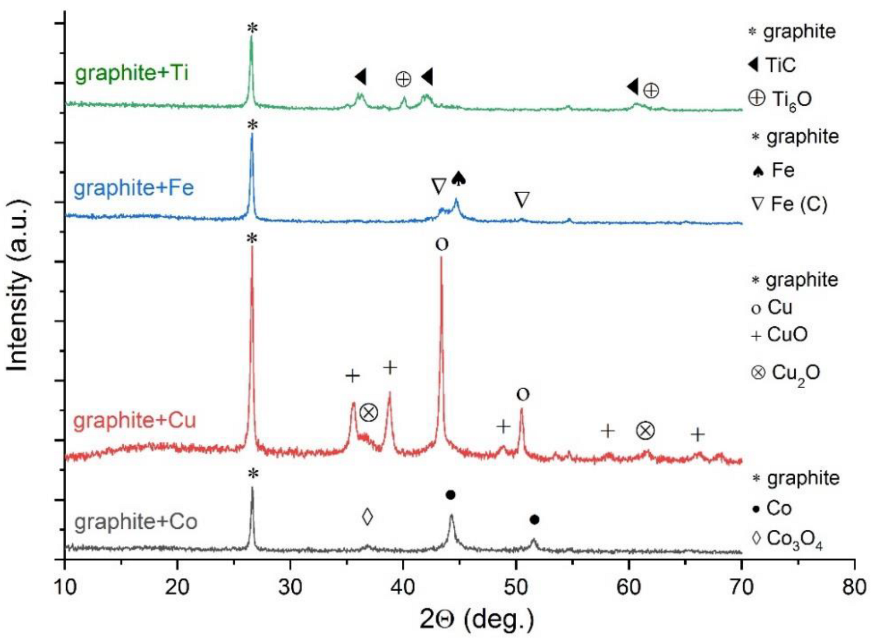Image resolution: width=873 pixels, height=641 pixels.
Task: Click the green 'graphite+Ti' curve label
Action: tap(131, 72)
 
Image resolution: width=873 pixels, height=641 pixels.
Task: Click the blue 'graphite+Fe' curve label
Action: tap(134, 188)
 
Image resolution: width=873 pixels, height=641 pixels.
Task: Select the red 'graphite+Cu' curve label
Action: tap(134, 420)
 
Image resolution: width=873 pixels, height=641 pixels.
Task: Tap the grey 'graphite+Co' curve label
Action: tap(135, 521)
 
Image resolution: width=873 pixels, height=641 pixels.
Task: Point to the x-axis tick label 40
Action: tap(403, 587)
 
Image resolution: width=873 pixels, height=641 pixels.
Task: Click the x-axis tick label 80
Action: tap(854, 587)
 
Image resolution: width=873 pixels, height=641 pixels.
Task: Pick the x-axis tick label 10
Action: tap(65, 587)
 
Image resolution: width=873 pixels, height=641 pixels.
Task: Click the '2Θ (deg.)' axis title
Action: tap(476, 619)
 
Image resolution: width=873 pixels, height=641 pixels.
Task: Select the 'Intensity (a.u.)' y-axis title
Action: tap(18, 285)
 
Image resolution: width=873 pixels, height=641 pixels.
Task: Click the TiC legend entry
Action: tap(772, 65)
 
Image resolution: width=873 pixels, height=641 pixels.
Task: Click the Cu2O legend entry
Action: tap(785, 373)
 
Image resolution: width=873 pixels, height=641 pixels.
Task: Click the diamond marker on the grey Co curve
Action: tap(367, 516)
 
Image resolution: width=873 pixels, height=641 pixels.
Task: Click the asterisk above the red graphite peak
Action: tap(251, 238)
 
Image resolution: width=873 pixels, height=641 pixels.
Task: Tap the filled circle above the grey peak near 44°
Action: tap(450, 495)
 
